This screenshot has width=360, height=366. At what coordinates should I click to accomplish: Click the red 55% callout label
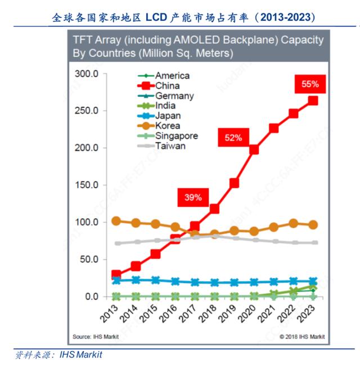[310, 84]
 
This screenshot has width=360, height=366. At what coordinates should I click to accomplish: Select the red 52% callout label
[234, 137]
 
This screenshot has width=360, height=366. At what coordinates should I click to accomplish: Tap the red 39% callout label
[193, 197]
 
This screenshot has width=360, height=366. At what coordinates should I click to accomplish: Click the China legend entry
[167, 85]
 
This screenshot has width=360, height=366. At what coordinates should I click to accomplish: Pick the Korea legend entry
[167, 126]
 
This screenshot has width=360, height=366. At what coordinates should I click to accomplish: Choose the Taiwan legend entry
[170, 146]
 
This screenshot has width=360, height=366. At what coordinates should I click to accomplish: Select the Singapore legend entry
[176, 136]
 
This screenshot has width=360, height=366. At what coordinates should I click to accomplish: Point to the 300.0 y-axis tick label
[87, 74]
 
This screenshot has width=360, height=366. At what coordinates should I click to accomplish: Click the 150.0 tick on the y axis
[87, 185]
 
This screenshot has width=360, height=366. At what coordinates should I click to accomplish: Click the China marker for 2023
[313, 101]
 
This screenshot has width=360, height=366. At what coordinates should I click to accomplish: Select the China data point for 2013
[116, 274]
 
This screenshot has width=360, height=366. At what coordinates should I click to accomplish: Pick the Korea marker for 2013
[116, 221]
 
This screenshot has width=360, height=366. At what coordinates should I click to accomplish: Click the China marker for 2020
[254, 150]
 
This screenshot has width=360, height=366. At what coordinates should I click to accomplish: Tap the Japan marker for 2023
[313, 281]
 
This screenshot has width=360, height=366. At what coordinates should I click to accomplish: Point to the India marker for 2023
[313, 288]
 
